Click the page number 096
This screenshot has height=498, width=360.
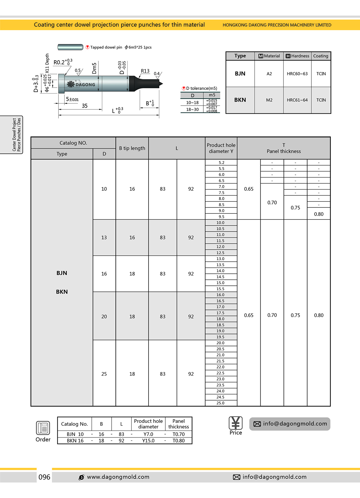pyautogui.click(x=44, y=477)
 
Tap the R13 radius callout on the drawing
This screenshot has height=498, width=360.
pyautogui.click(x=145, y=71)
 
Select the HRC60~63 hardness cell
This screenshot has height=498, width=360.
pyautogui.click(x=297, y=74)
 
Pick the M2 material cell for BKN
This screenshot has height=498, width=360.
pyautogui.click(x=269, y=100)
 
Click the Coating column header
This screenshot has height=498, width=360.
pyautogui.click(x=321, y=56)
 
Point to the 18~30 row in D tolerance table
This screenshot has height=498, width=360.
pyautogui.click(x=193, y=109)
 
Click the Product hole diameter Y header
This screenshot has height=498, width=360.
pyautogui.click(x=221, y=148)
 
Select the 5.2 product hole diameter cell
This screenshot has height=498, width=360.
pyautogui.click(x=221, y=163)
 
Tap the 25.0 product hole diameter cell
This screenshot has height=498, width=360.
pyautogui.click(x=220, y=403)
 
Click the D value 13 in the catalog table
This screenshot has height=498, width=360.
pyautogui.click(x=104, y=237)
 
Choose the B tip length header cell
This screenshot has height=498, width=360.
pyautogui.click(x=132, y=148)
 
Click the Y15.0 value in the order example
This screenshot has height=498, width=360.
pyautogui.click(x=148, y=441)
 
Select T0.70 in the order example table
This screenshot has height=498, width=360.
pyautogui.click(x=178, y=434)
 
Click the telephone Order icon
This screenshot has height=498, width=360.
pyautogui.click(x=43, y=428)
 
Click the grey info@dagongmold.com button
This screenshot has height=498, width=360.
pyautogui.click(x=290, y=424)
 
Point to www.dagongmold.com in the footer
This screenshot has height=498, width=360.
pyautogui.click(x=118, y=477)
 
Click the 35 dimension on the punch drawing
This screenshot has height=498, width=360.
pyautogui.click(x=85, y=106)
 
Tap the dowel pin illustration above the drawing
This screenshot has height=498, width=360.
pyautogui.click(x=70, y=47)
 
